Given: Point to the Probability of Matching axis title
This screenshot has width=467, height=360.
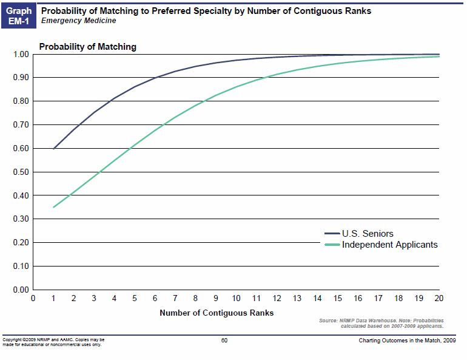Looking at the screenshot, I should point(87,47).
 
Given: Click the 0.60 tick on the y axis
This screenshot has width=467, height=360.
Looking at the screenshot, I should point(21,148).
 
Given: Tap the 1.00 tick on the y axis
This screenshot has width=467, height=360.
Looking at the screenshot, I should point(21,55).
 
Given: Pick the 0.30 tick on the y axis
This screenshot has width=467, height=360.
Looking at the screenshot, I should point(21,219).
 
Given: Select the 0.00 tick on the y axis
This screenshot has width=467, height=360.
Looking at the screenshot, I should point(21,290).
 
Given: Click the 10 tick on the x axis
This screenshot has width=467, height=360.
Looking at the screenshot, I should point(236,299).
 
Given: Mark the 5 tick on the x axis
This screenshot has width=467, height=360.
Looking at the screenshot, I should point(135,299).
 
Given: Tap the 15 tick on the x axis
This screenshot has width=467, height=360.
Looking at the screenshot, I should point(338,299).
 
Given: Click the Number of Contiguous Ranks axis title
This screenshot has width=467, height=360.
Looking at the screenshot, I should point(217,313).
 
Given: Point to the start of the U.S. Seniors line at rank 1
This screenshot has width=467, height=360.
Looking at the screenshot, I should point(53,149).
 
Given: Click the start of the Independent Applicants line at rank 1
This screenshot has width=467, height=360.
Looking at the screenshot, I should point(53,208).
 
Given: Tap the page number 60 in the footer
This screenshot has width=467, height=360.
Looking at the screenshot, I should point(224,340).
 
